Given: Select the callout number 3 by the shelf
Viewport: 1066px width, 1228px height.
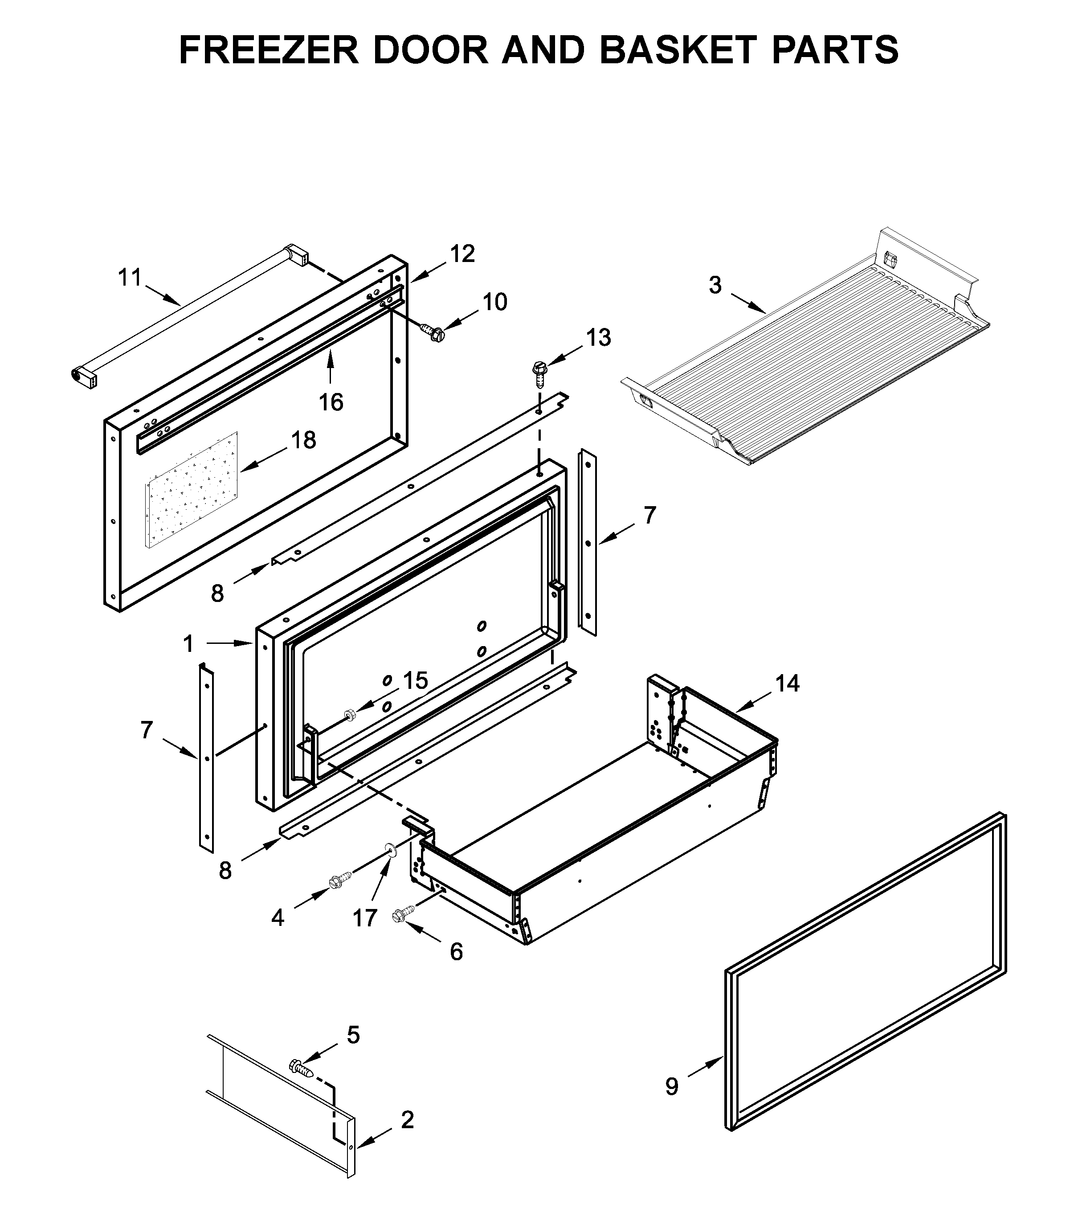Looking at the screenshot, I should (715, 286).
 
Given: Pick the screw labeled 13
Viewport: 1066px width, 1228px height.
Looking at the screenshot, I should (539, 373).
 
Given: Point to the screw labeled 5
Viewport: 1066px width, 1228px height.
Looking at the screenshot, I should (302, 1069).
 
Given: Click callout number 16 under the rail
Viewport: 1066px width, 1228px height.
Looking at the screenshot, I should (331, 402).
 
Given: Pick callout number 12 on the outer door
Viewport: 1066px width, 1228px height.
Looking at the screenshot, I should (462, 254).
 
